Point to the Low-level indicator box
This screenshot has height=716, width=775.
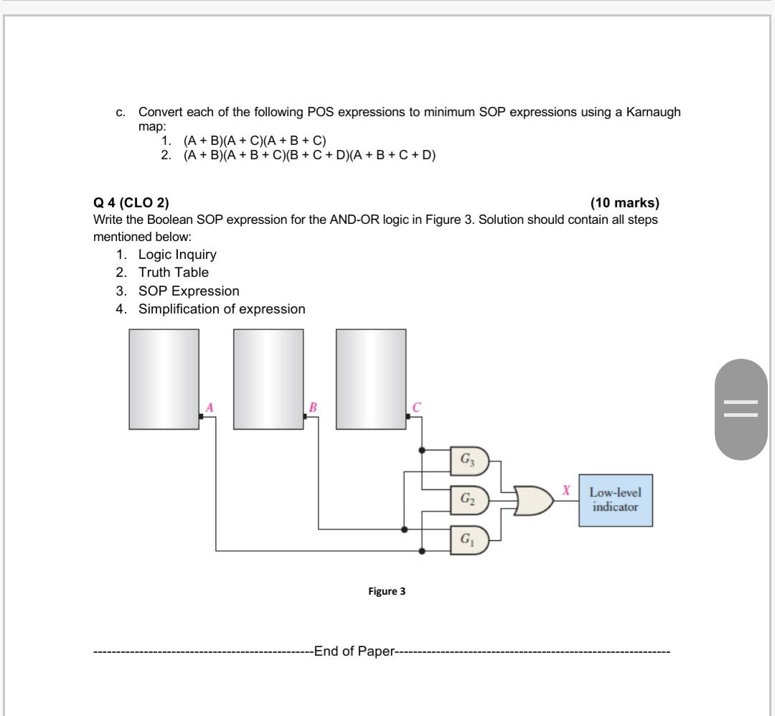coord(616,500)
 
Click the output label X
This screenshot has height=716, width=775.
coord(566,491)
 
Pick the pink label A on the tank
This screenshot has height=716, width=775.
coord(210,408)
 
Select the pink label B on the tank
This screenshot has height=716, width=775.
coord(313,408)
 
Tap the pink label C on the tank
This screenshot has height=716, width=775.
coord(416,408)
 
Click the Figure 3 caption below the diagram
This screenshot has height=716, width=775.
coord(387,591)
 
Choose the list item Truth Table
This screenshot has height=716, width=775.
coord(174,273)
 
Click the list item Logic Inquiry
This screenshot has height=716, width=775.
coord(177,255)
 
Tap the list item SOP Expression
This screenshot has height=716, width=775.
coord(189,291)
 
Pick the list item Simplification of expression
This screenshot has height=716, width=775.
coord(222,309)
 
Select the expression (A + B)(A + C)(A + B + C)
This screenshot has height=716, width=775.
coord(255,141)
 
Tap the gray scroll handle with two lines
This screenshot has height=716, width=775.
coord(741,409)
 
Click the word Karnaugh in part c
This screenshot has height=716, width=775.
coord(653,112)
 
